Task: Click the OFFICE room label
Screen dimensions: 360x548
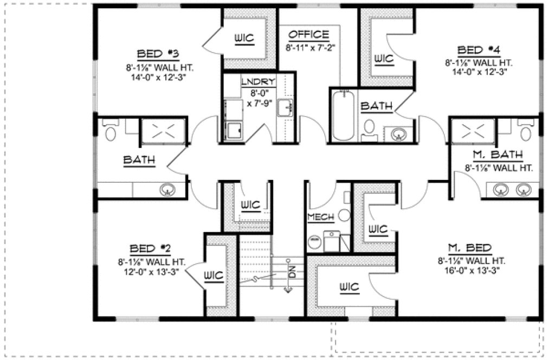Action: click(308, 35)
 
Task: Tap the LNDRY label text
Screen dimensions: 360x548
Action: click(258, 82)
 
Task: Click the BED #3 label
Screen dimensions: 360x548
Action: click(158, 54)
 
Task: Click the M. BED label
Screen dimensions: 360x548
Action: click(472, 248)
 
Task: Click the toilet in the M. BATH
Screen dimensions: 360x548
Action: click(525, 131)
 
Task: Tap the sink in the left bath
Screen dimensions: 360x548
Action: click(167, 190)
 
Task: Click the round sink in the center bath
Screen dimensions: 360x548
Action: click(399, 133)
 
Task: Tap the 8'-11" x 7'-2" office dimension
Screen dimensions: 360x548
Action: click(312, 47)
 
